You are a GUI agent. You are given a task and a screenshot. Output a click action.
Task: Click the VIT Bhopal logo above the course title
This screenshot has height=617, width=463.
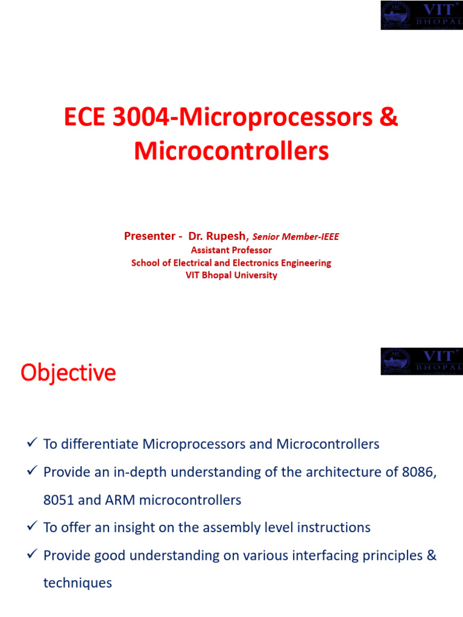[421, 15]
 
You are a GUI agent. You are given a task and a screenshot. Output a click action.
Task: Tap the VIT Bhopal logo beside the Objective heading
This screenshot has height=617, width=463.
[421, 362]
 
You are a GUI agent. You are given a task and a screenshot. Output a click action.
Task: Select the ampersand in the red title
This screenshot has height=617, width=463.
[389, 117]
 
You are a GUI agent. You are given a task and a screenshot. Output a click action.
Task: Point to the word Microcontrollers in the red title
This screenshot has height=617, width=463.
[231, 151]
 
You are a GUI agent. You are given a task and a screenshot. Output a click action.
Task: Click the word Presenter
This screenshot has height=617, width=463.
[150, 236]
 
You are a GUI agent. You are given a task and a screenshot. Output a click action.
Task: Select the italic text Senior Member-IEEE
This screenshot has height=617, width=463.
[295, 236]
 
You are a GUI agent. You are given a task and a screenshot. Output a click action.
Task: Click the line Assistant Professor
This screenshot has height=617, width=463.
[231, 250]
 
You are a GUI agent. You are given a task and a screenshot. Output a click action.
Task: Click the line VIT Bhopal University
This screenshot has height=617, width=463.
[231, 275]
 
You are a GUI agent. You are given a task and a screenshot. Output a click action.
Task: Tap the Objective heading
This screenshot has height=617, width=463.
[68, 372]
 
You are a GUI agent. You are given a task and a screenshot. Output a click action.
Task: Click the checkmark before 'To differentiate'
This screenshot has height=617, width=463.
[33, 442]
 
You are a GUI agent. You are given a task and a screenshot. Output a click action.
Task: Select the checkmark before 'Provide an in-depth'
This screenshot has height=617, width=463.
[33, 470]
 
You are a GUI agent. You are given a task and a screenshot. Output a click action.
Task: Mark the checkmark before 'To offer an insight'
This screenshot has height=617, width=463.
[33, 525]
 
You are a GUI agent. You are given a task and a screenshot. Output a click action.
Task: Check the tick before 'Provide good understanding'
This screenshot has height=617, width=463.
[33, 554]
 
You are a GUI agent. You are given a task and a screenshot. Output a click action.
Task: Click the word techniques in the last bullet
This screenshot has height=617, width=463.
[78, 583]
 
